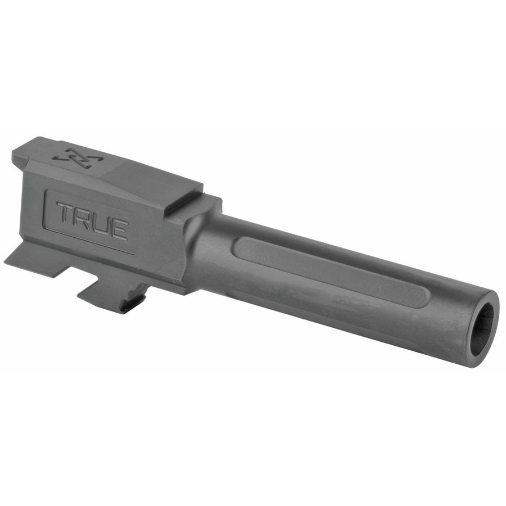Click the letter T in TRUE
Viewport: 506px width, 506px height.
coord(66,214)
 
